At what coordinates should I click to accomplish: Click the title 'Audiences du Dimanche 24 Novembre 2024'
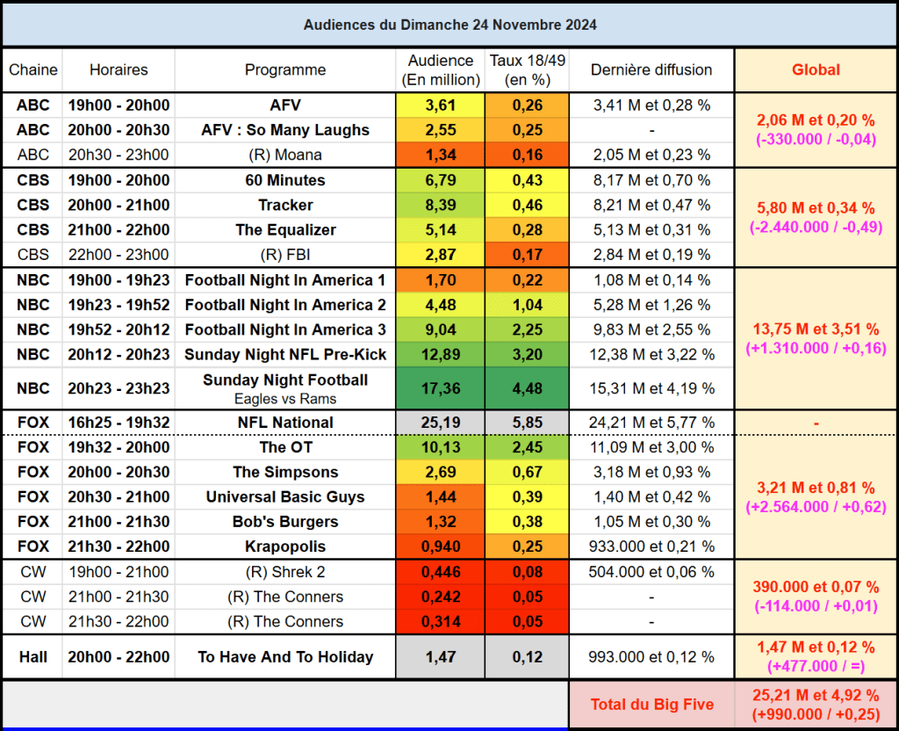click(449, 25)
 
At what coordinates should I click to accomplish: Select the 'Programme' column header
click(285, 70)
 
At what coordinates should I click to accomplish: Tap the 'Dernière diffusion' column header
click(651, 70)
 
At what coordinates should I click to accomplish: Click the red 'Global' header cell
click(816, 70)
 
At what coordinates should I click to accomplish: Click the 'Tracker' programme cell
click(285, 205)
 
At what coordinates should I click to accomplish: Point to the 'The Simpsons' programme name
click(285, 472)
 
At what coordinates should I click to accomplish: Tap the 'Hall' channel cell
click(32, 656)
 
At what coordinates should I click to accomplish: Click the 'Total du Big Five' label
click(651, 704)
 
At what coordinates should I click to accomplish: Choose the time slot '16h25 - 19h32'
click(119, 423)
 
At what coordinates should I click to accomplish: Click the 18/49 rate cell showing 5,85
click(528, 423)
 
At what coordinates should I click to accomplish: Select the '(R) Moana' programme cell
click(285, 155)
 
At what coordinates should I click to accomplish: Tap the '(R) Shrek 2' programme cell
click(285, 572)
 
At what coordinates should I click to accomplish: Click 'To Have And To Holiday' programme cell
click(285, 656)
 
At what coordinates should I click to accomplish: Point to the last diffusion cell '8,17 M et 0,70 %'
click(651, 180)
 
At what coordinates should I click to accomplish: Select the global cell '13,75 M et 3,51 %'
click(816, 329)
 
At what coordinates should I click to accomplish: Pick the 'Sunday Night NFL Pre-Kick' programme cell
click(285, 354)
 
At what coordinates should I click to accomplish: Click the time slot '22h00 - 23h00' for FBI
click(119, 255)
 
